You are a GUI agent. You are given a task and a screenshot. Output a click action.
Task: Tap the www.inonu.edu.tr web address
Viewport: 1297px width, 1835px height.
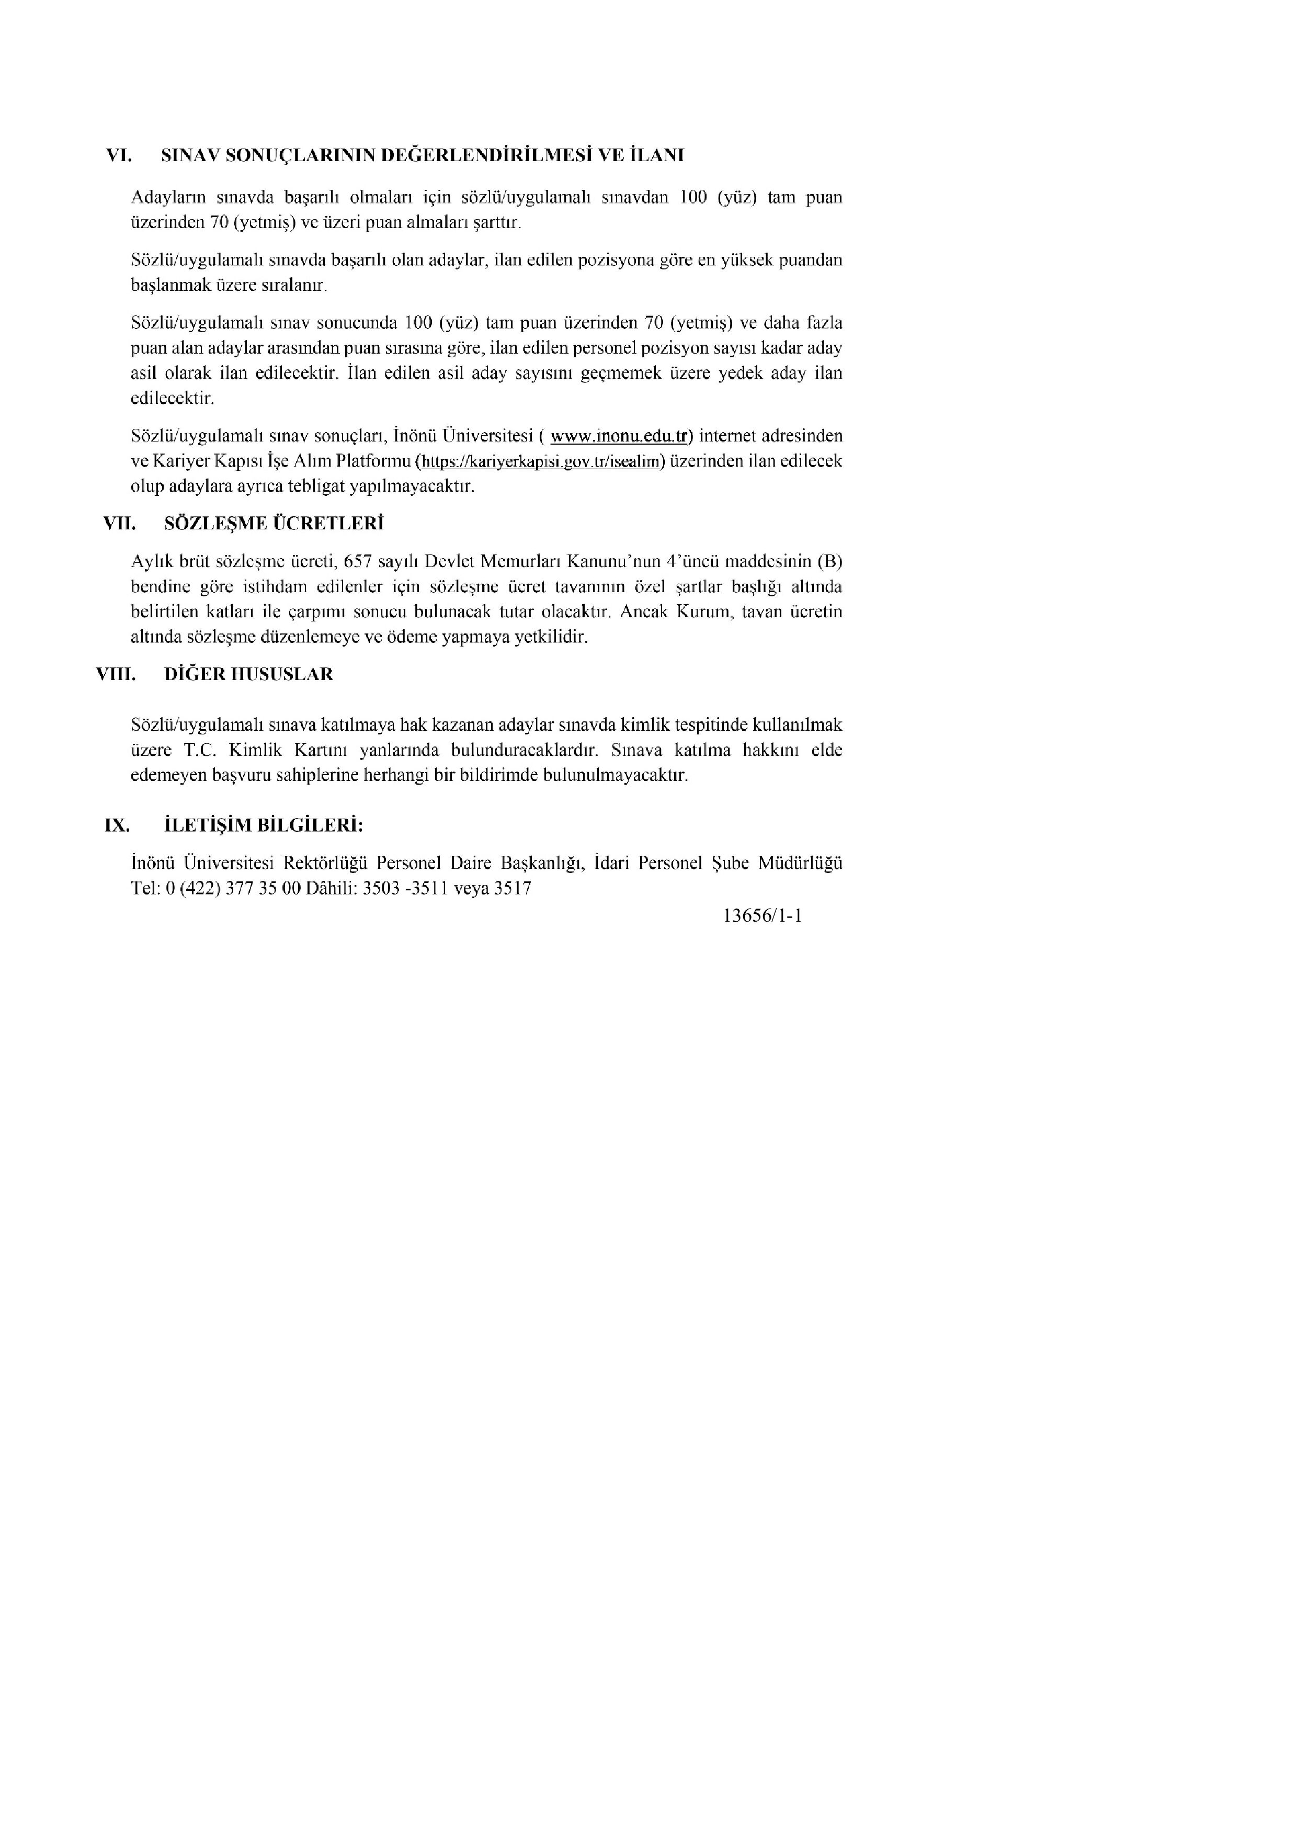click(620, 436)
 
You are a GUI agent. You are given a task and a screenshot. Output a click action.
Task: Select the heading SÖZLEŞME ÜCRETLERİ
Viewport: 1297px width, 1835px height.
click(274, 524)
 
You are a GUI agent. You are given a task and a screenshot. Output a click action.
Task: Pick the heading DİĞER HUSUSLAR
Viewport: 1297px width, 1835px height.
click(248, 674)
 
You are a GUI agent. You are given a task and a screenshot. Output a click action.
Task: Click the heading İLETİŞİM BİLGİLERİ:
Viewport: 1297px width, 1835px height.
click(264, 825)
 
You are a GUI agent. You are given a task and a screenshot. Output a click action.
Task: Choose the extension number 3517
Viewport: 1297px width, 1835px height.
click(512, 888)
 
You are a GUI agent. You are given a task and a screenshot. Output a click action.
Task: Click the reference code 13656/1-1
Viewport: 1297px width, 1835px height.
click(761, 916)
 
